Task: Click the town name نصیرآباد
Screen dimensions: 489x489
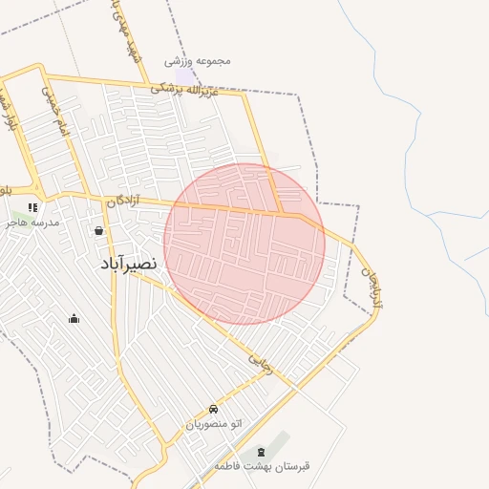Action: [x=128, y=264]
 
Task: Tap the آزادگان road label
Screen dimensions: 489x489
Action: [x=123, y=201]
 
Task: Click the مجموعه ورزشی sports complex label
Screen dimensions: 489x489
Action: [x=198, y=60]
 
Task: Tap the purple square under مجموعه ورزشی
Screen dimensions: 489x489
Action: [x=183, y=74]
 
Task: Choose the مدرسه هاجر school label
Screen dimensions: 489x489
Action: [x=32, y=222]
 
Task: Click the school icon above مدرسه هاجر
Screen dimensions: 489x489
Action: [x=32, y=206]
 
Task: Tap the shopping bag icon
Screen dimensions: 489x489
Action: [x=98, y=230]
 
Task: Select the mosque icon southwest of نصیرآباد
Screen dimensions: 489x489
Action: [x=74, y=318]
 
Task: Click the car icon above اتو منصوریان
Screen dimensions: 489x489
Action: [x=213, y=408]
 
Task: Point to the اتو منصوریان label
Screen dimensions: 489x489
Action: [x=214, y=422]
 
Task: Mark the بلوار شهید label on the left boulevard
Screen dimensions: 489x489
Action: [x=11, y=105]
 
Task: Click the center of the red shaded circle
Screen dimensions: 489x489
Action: [x=244, y=244]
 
